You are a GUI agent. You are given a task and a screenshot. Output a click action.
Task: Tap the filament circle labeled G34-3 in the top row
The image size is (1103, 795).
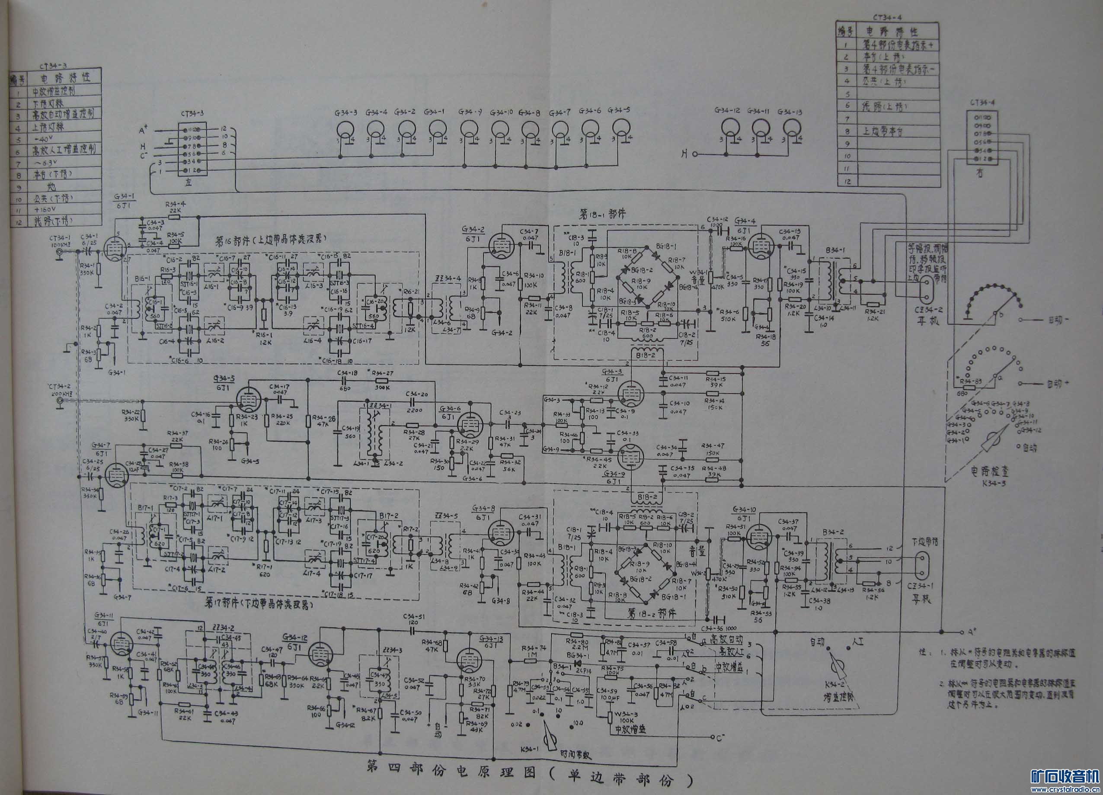[x=346, y=129]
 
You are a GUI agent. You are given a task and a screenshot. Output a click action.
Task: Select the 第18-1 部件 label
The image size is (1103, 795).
[x=602, y=215]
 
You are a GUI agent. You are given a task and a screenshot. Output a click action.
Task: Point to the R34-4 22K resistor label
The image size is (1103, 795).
[x=176, y=207]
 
